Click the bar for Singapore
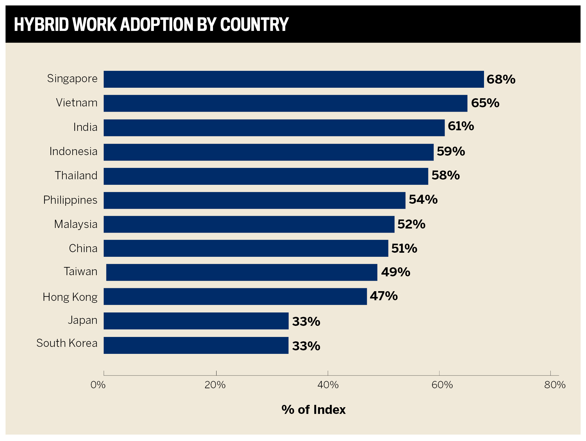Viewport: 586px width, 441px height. [293, 79]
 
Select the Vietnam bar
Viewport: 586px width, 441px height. [285, 103]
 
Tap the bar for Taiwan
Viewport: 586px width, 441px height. [242, 272]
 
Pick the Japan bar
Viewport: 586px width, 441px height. [196, 321]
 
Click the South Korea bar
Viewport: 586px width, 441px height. [196, 345]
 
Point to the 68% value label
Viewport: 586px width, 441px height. [501, 79]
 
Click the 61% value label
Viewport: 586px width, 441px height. [461, 126]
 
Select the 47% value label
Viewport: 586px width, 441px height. [383, 296]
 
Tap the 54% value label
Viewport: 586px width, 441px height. [423, 200]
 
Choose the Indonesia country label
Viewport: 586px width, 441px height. [73, 152]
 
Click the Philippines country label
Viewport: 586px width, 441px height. [70, 200]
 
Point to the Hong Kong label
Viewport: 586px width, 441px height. [70, 297]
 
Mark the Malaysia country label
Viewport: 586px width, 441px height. [76, 224]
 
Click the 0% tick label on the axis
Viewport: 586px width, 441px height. [98, 385]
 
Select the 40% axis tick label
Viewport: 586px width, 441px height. [328, 385]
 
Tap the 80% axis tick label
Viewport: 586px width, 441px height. [555, 385]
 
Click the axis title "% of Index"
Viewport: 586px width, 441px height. [313, 410]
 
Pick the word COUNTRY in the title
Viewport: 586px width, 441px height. [254, 24]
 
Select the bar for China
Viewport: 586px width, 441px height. [246, 248]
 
